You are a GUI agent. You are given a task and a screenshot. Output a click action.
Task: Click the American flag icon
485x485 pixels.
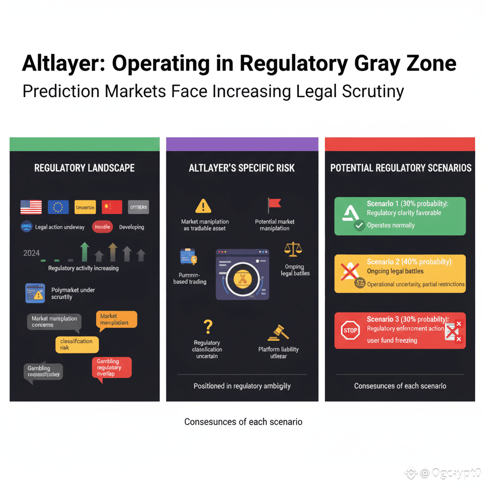(31, 207)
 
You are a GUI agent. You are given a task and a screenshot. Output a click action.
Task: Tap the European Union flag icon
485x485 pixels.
(58, 207)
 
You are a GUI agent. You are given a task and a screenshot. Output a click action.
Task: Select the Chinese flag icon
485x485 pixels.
(112, 207)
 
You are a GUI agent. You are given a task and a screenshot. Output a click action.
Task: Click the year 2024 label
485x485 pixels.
(31, 253)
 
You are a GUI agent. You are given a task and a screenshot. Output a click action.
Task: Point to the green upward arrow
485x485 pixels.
(84, 251)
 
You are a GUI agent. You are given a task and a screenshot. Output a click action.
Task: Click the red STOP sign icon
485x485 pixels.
(350, 330)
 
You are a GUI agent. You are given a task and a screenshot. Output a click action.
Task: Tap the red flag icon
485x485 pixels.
(274, 205)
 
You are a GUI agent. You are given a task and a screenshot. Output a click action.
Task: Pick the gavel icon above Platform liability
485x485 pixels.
(278, 332)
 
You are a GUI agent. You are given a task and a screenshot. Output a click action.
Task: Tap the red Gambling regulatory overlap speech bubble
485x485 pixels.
(111, 367)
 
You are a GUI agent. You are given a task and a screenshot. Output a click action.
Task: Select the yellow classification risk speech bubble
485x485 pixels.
(77, 344)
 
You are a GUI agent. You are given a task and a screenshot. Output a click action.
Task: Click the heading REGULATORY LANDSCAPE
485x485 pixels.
(84, 168)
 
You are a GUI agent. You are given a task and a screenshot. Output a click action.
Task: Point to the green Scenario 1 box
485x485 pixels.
(400, 216)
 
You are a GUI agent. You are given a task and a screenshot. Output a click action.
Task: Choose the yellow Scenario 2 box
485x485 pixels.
(400, 274)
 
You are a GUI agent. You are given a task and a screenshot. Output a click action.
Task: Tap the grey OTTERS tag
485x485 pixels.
(138, 207)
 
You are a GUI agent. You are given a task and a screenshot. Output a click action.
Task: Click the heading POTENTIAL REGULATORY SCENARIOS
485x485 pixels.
(401, 168)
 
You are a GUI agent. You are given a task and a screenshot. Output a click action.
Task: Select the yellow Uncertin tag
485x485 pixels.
(85, 207)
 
